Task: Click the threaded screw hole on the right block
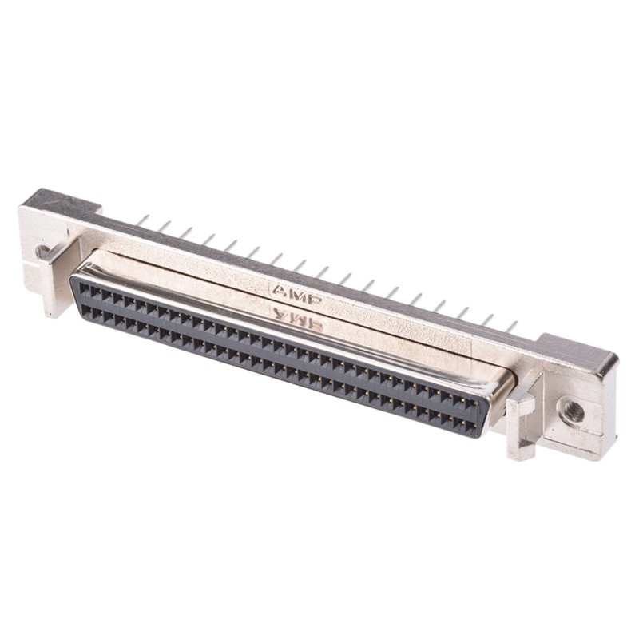[572, 411]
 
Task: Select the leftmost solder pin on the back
[141, 220]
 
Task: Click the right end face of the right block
[612, 407]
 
